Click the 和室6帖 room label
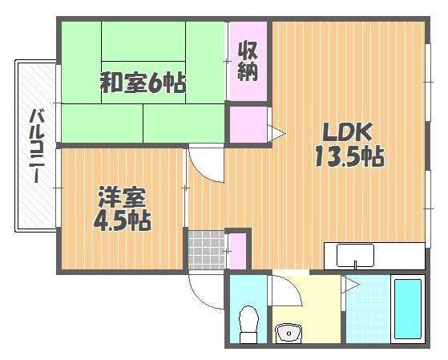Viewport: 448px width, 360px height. (143, 83)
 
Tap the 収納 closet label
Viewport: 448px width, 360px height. (248, 61)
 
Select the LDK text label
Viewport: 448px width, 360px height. (347, 131)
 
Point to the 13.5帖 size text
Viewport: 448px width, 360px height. (349, 156)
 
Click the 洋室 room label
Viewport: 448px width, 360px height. (122, 197)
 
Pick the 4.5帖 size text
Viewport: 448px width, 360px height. (123, 220)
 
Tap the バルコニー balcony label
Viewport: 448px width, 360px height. (37, 146)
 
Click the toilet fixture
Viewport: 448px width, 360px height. (249, 324)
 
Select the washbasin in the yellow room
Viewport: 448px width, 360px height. (289, 333)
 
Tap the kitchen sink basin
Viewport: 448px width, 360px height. (355, 255)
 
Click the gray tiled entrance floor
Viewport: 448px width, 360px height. (207, 250)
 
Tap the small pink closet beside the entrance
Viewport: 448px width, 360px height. (238, 251)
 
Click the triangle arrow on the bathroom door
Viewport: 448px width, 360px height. (351, 285)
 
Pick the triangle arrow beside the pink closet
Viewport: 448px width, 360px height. (276, 133)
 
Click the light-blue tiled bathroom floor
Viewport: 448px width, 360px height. (368, 309)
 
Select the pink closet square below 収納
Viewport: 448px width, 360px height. (248, 124)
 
